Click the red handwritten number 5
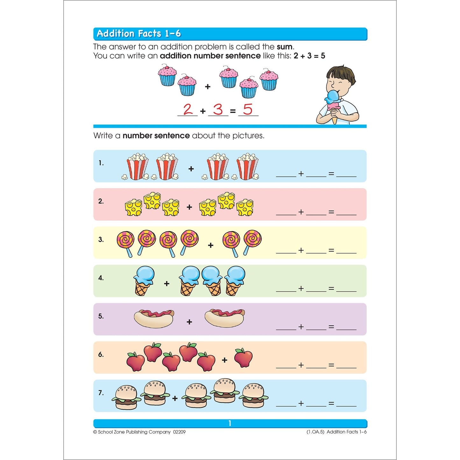(x=248, y=110)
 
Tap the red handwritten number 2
(x=188, y=110)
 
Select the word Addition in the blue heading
(x=116, y=33)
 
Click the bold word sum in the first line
(x=285, y=47)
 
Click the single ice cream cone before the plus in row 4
(x=144, y=281)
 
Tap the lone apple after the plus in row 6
(x=244, y=357)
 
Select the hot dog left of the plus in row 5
(x=154, y=318)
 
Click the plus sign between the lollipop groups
(x=210, y=245)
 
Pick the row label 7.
(x=101, y=393)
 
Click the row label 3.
(x=101, y=240)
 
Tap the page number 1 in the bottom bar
(x=230, y=423)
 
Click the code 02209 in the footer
(x=179, y=432)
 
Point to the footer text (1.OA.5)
(x=315, y=432)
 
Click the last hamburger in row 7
(x=254, y=396)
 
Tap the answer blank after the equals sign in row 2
(x=346, y=212)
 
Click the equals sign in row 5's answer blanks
(x=331, y=327)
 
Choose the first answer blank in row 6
(x=286, y=365)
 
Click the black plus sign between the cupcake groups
(x=208, y=87)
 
